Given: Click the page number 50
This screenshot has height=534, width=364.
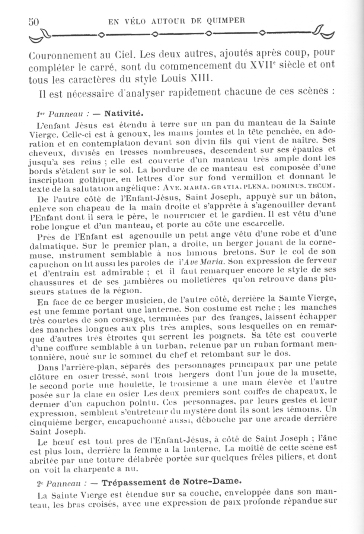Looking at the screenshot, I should (x=34, y=22).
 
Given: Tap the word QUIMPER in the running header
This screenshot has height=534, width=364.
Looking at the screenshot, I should (x=227, y=21).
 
